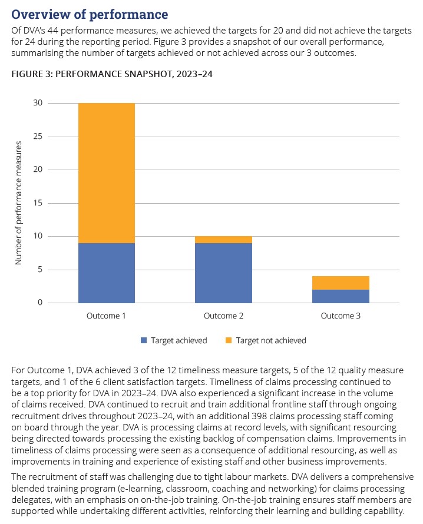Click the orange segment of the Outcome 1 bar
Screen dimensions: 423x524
point(107,173)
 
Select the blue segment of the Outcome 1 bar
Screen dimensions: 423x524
point(107,273)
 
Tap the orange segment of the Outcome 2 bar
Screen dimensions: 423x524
point(223,240)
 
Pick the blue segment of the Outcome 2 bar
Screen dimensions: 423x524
point(223,273)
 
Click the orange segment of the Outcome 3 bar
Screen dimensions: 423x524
point(341,283)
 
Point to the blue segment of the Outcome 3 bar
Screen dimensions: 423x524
point(341,296)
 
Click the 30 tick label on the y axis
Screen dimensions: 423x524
point(38,103)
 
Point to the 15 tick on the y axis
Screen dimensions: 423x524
point(38,203)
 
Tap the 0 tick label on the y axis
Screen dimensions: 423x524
point(40,303)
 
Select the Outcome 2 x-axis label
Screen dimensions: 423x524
point(223,316)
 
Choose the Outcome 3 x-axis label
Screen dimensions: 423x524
point(341,316)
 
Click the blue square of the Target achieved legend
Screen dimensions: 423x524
point(144,340)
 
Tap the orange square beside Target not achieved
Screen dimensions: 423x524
point(229,340)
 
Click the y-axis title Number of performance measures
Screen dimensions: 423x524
point(18,203)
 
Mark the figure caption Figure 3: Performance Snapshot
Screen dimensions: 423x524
point(112,74)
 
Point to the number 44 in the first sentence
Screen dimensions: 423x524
point(53,31)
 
